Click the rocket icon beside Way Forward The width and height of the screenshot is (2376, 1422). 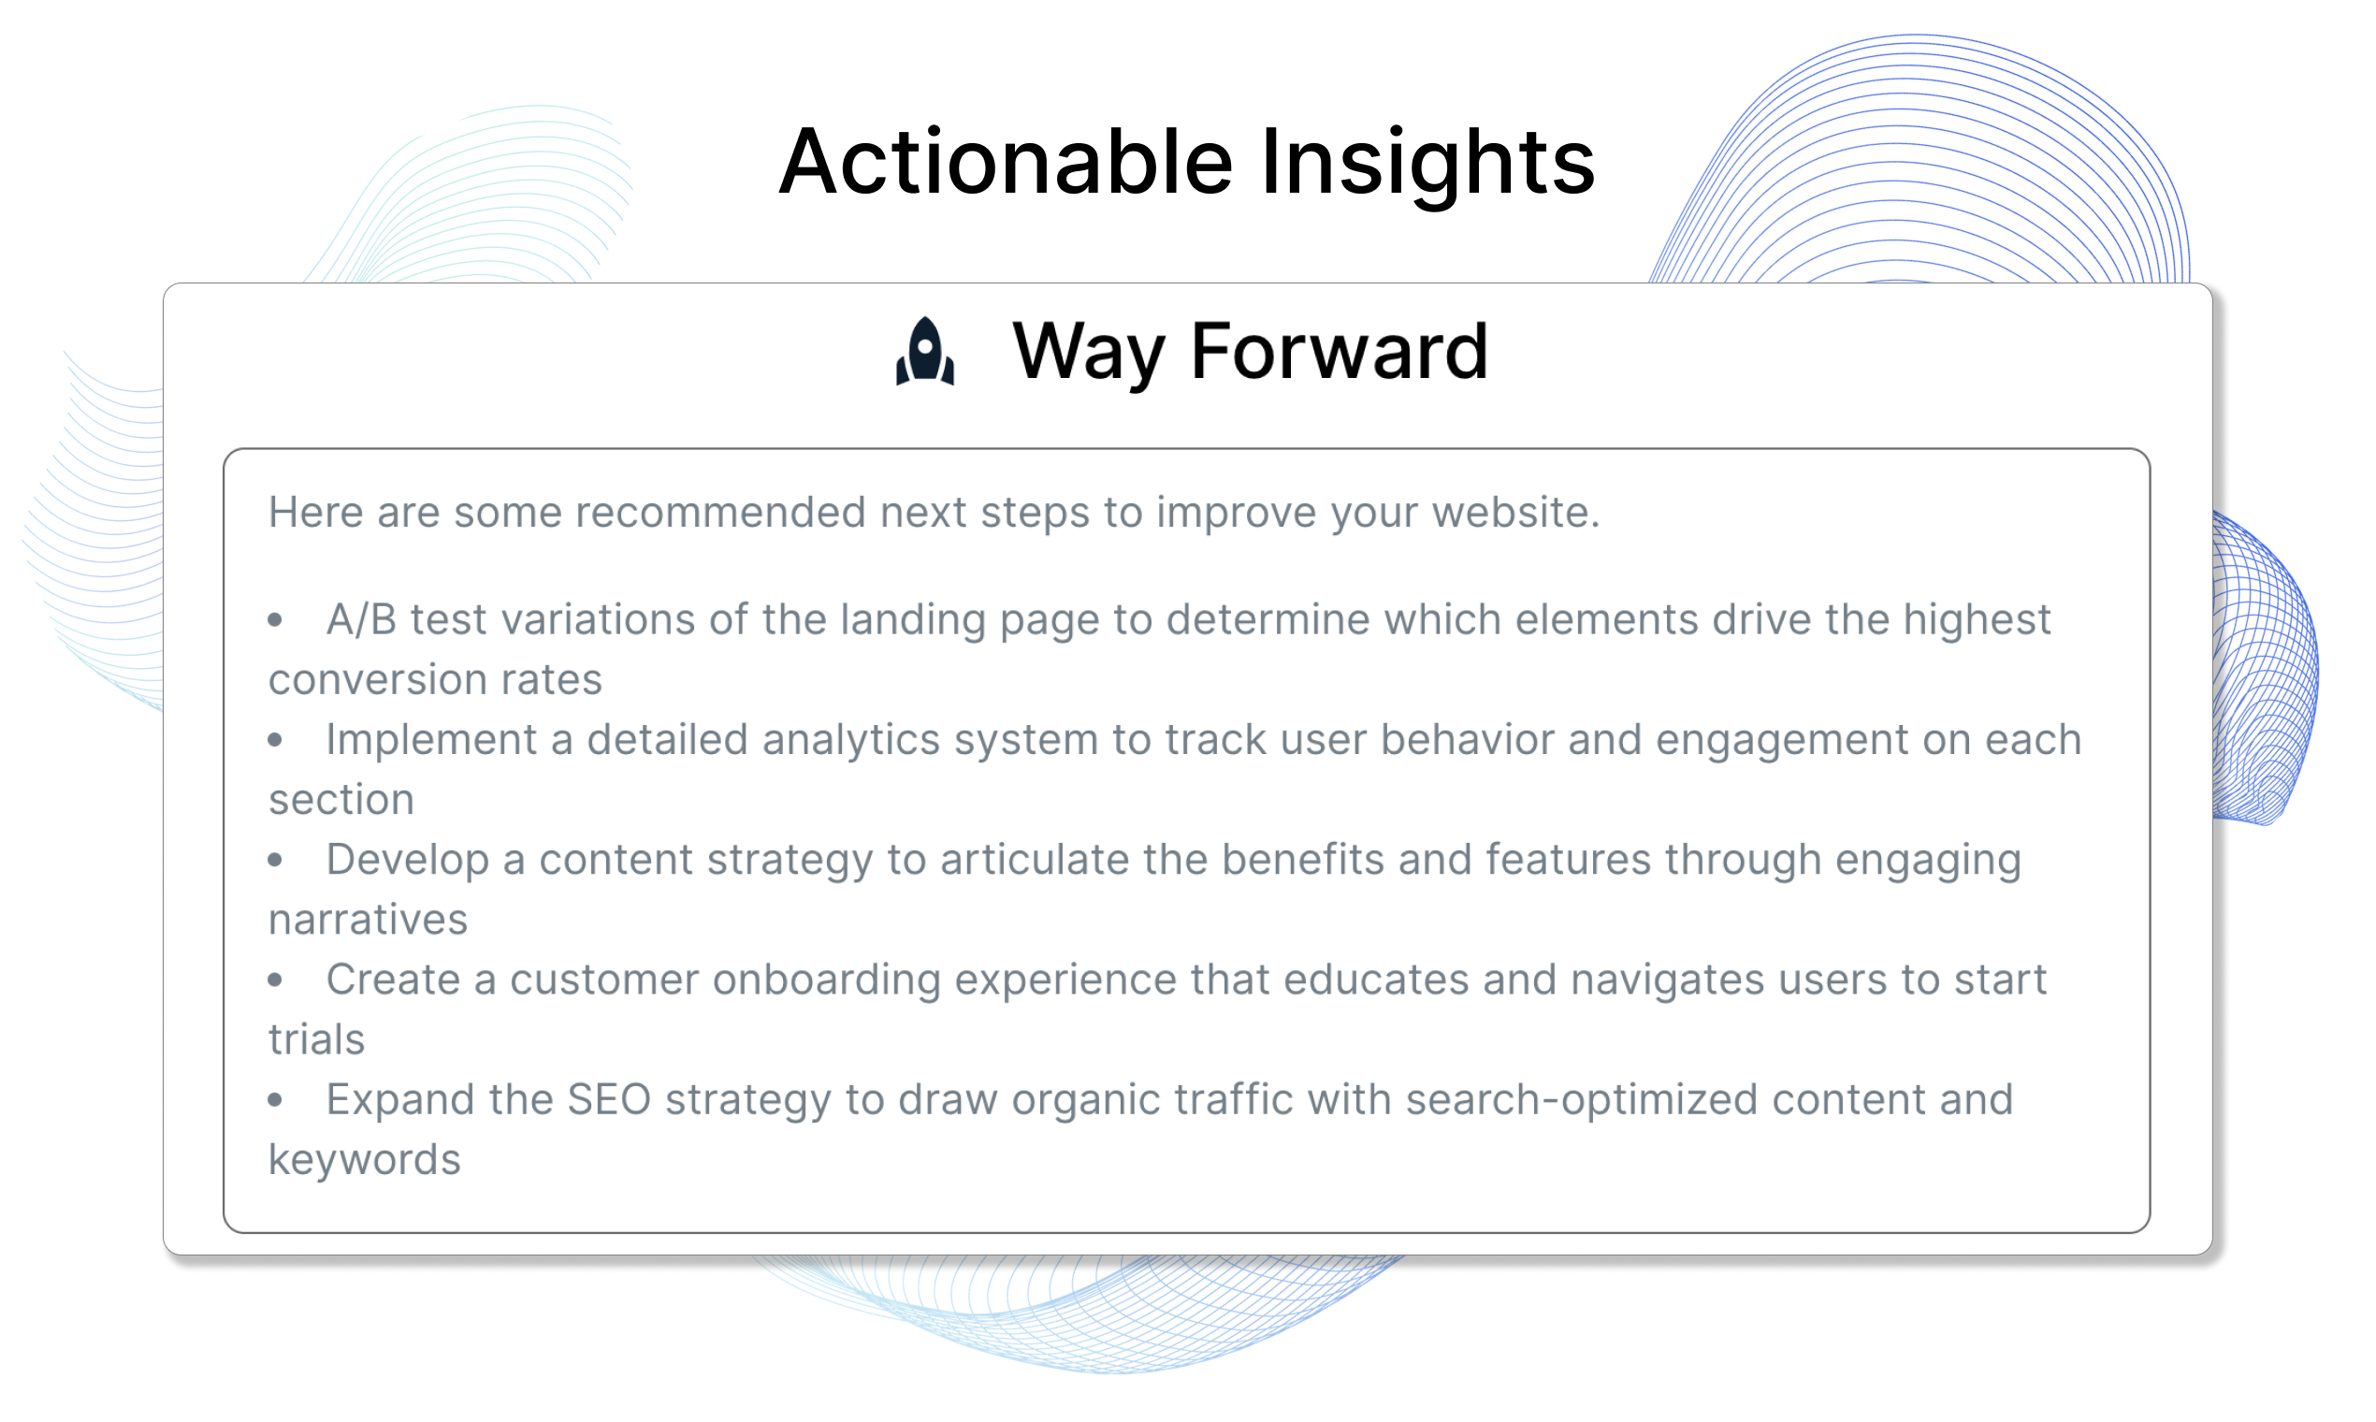[924, 351]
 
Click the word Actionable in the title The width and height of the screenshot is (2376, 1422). [1005, 162]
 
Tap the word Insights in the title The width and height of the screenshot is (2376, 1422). [1427, 165]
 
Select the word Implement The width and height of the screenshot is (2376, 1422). [431, 741]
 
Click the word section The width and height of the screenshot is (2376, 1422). [341, 800]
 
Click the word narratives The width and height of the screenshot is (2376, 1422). [368, 920]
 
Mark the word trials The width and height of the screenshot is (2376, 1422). [316, 1039]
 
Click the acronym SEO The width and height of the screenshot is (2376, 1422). [609, 1100]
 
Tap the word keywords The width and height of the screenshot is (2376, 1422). [364, 1160]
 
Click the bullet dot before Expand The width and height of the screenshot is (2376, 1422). [275, 1100]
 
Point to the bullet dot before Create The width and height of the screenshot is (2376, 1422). [275, 980]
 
